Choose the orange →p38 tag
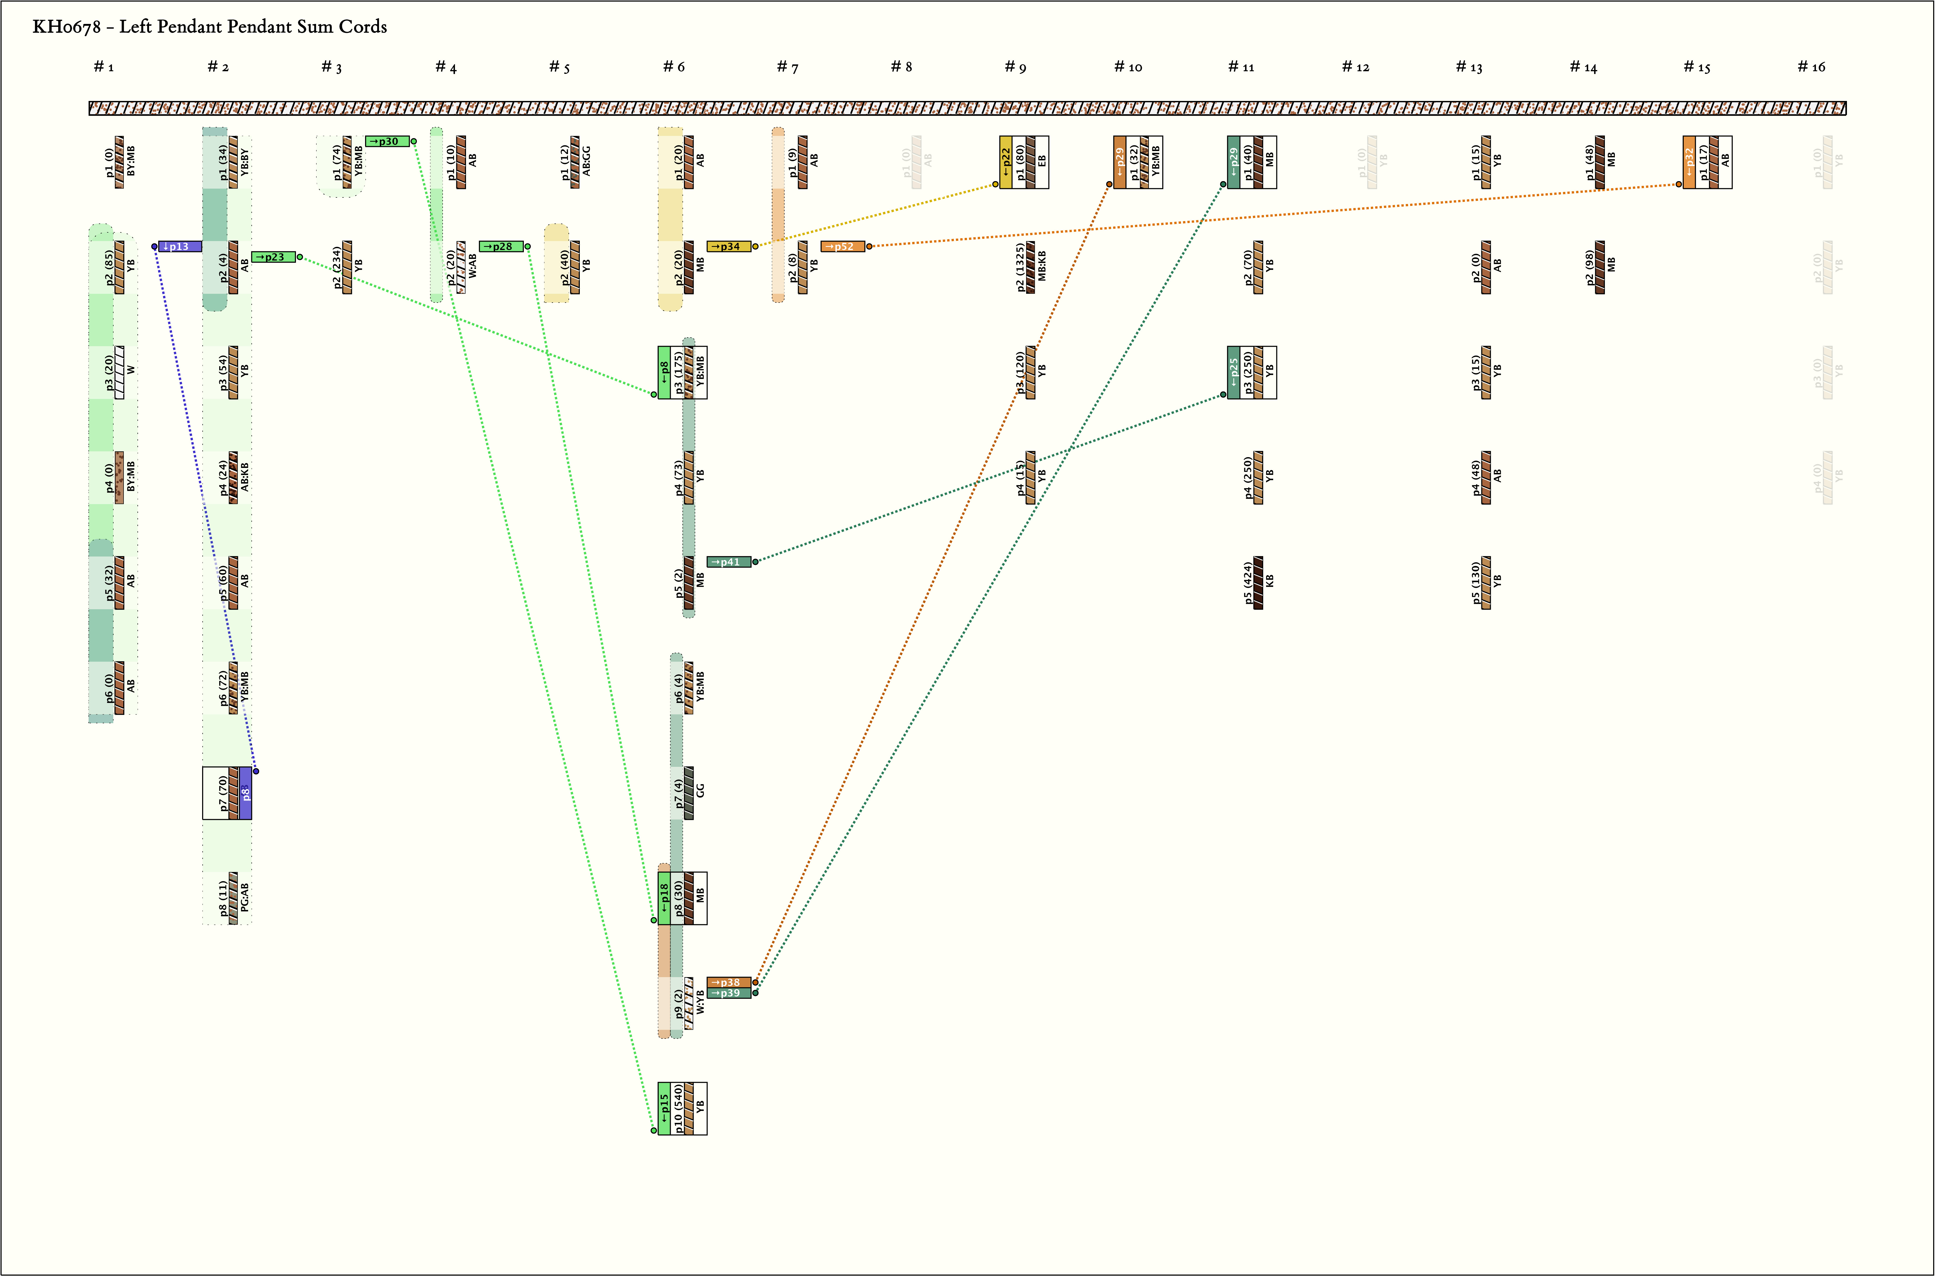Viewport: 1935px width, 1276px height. pyautogui.click(x=728, y=982)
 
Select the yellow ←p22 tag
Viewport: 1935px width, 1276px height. pyautogui.click(x=1006, y=162)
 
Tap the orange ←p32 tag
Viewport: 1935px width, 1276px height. pyautogui.click(x=1689, y=162)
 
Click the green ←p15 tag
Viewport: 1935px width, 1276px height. pyautogui.click(x=664, y=1108)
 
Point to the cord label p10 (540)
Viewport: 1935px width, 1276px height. pyautogui.click(x=678, y=1108)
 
